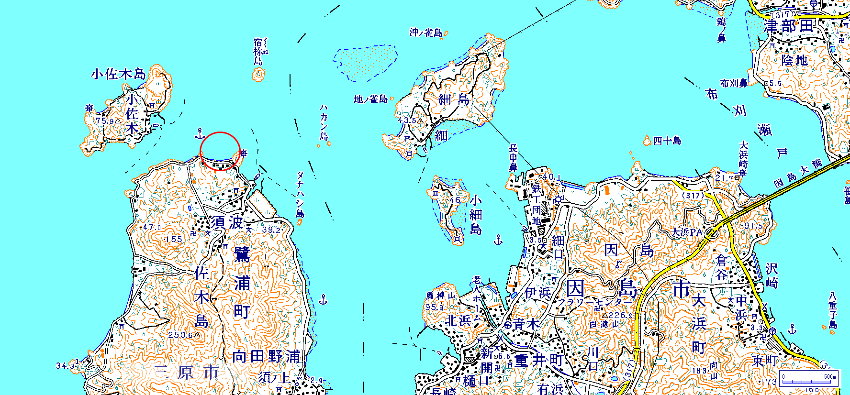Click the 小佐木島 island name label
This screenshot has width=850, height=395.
[x=118, y=74]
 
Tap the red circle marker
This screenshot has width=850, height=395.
[x=220, y=151]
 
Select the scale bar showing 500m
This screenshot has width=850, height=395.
[x=809, y=377]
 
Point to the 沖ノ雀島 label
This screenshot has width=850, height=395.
[x=426, y=33]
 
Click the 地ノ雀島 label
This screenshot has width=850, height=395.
[x=370, y=99]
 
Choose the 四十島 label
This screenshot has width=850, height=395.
[x=667, y=141]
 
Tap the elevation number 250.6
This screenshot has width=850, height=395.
[x=180, y=335]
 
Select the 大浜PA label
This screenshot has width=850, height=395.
[x=687, y=232]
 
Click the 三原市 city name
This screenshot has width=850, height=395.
[x=186, y=373]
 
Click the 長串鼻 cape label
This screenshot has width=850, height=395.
[x=513, y=158]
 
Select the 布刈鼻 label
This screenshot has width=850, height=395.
[x=734, y=83]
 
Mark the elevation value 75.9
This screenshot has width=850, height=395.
[x=105, y=121]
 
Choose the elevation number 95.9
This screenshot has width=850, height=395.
[x=435, y=307]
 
